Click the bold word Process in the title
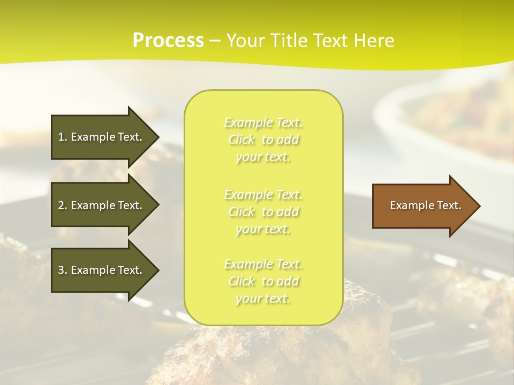168,41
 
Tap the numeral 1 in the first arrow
61,137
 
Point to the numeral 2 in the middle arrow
61,205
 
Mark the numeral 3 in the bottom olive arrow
61,270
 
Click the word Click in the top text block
241,140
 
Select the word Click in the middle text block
241,212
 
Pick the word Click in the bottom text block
241,281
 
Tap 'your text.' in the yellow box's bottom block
263,298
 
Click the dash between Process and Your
215,41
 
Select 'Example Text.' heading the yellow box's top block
263,123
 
